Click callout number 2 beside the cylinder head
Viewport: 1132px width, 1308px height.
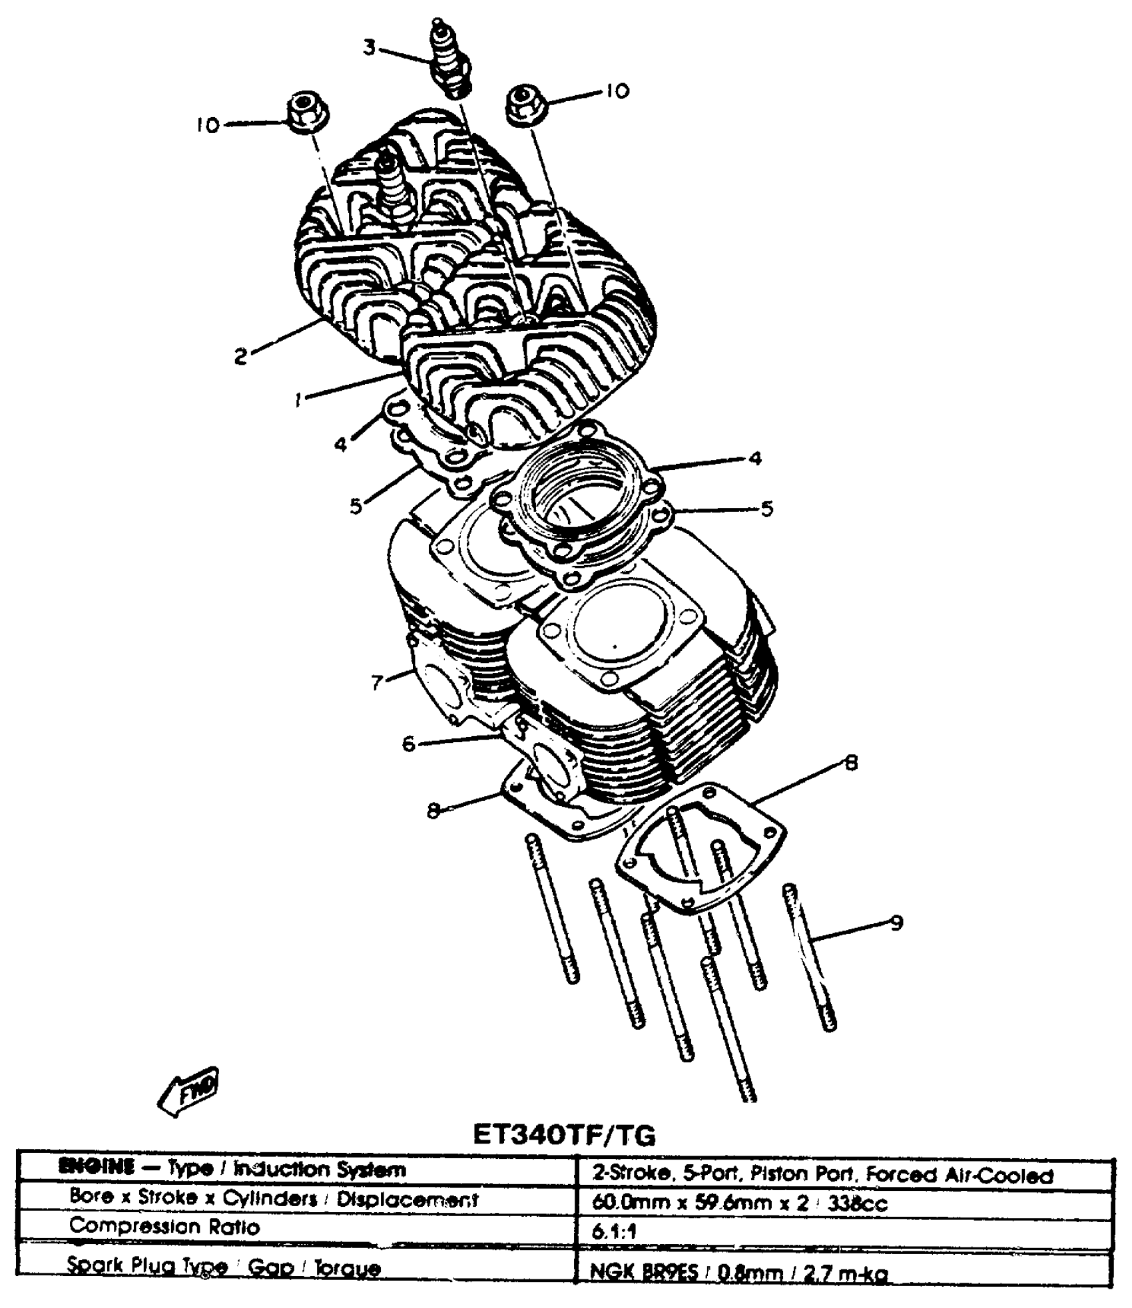tap(240, 356)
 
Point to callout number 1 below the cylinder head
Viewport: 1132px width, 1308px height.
tap(299, 399)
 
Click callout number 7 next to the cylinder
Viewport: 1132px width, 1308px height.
tap(378, 682)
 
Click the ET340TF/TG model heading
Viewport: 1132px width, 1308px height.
tap(564, 1134)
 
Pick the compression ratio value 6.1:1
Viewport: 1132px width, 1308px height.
tap(614, 1230)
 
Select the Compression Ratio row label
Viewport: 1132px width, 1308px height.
tap(164, 1226)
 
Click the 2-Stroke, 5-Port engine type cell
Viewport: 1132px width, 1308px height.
tap(822, 1174)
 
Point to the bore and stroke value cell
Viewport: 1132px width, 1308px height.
tap(739, 1203)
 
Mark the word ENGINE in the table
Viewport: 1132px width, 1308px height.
tap(97, 1168)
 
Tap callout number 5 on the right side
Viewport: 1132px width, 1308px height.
tap(766, 509)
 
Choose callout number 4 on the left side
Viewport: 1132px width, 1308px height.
tap(341, 444)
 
